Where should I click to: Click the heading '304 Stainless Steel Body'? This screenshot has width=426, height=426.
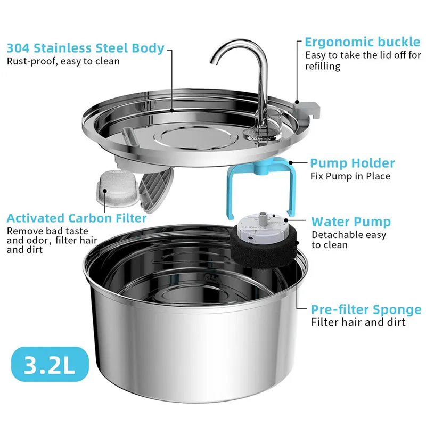86,48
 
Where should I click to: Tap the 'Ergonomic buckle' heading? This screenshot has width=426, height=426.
362,42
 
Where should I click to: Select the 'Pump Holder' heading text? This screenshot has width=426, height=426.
352,163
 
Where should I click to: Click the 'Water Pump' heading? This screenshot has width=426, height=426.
351,222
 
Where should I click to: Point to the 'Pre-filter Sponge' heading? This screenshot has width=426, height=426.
366,309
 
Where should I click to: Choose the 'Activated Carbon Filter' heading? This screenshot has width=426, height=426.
77,218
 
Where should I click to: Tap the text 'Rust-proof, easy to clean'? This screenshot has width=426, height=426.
63,61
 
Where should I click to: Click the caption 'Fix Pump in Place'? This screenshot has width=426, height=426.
350,176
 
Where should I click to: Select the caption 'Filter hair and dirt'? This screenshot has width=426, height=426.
358,322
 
